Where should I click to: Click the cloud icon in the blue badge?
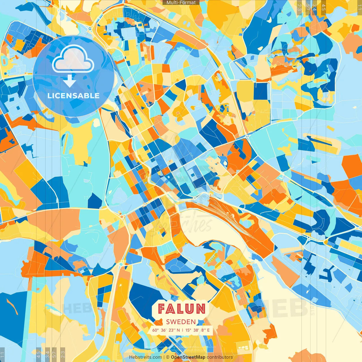point(73,59)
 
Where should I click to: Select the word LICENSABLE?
point(73,96)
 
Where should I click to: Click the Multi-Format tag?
point(181,3)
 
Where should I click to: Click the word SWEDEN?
point(181,322)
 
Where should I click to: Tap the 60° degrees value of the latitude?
point(156,330)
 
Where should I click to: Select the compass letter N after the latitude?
point(178,330)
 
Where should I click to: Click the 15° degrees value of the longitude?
point(188,330)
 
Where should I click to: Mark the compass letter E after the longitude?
point(208,330)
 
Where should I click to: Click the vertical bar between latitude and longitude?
point(182,330)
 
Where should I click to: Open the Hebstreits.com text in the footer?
point(145,357)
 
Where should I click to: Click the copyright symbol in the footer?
point(168,357)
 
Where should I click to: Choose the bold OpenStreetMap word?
point(188,357)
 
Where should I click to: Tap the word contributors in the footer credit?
point(220,357)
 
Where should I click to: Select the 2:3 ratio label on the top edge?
point(299,7)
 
